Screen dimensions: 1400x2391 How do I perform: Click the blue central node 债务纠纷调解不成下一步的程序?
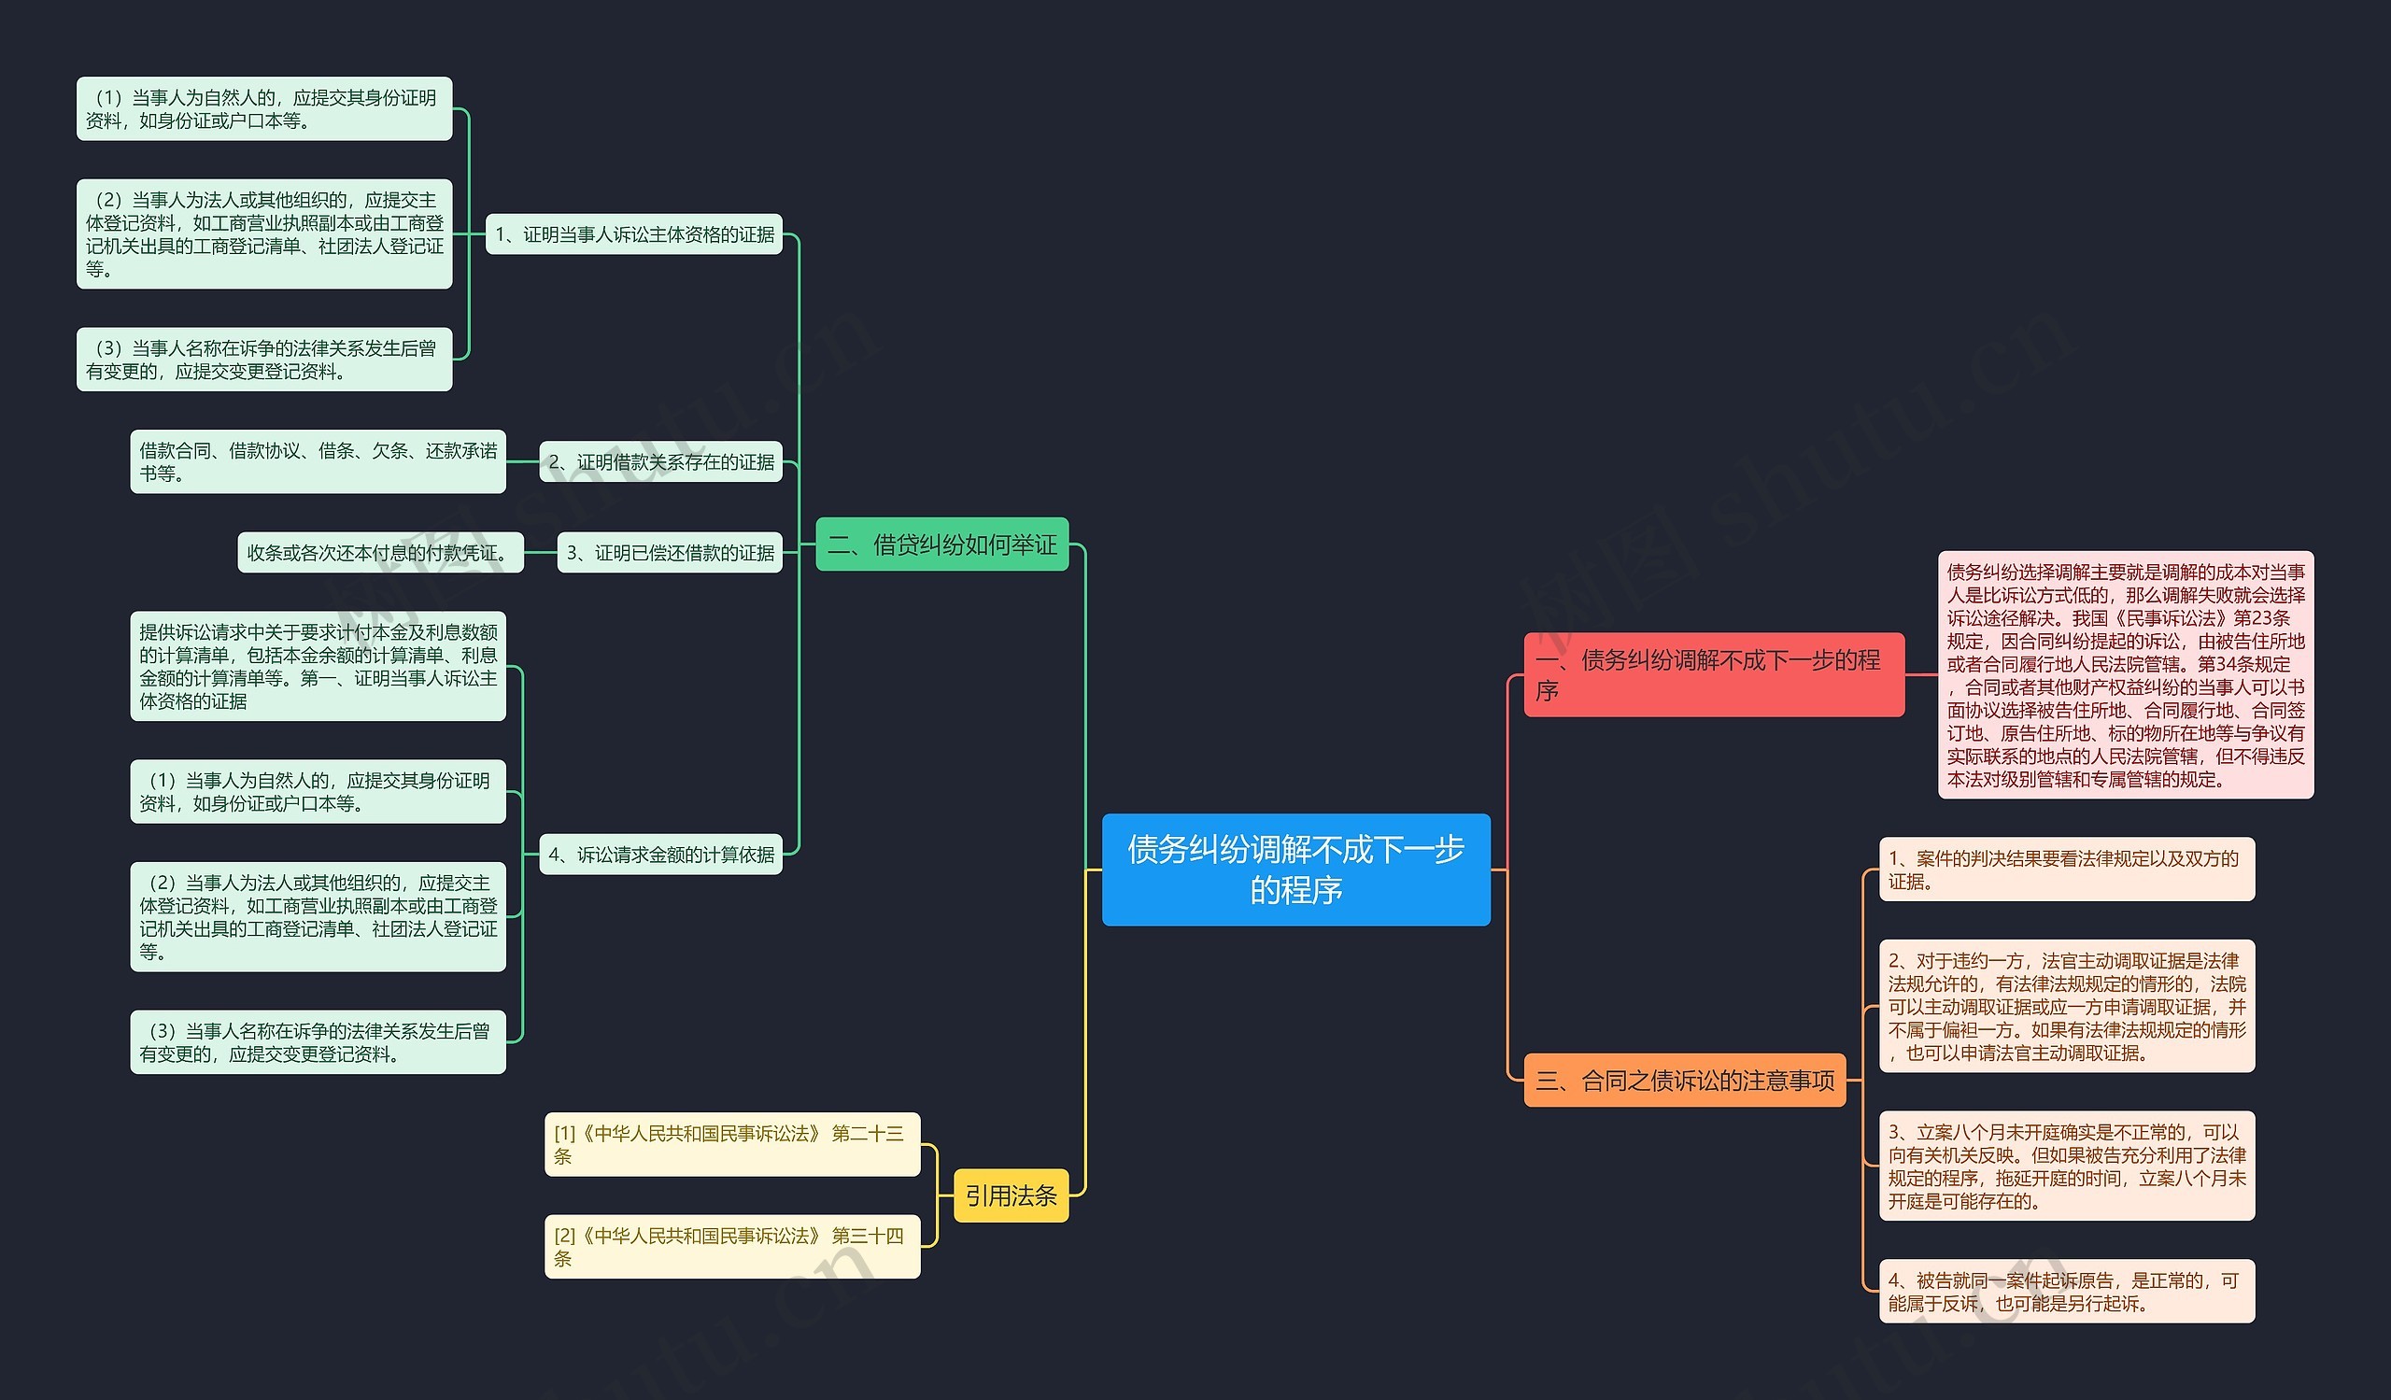1295,869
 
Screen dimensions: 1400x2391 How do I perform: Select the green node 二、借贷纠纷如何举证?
941,544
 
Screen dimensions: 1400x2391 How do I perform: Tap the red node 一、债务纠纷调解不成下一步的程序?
1713,674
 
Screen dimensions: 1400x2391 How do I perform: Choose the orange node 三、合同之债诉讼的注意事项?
1684,1081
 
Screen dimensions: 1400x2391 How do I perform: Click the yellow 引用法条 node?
1011,1195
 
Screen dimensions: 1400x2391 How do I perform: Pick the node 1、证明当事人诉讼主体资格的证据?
634,234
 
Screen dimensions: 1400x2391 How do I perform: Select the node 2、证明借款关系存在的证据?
660,462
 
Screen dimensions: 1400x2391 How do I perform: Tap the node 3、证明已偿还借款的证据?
669,553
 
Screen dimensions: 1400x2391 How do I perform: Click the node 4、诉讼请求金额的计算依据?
660,855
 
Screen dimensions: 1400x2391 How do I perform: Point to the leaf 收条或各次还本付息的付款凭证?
379,553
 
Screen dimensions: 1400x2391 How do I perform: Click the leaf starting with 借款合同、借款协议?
318,462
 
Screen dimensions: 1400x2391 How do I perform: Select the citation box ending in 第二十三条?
731,1144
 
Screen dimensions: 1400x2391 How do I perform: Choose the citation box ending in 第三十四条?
731,1246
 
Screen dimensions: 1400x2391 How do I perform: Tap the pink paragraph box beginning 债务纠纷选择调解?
2126,674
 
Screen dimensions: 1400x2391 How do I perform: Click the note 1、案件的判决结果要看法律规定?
2067,869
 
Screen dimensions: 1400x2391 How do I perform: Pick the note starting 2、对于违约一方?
2067,1007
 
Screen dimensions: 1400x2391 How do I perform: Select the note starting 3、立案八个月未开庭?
2067,1166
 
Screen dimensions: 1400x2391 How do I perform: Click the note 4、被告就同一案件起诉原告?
2067,1291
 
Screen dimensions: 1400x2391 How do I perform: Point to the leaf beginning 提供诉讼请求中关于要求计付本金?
318,666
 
